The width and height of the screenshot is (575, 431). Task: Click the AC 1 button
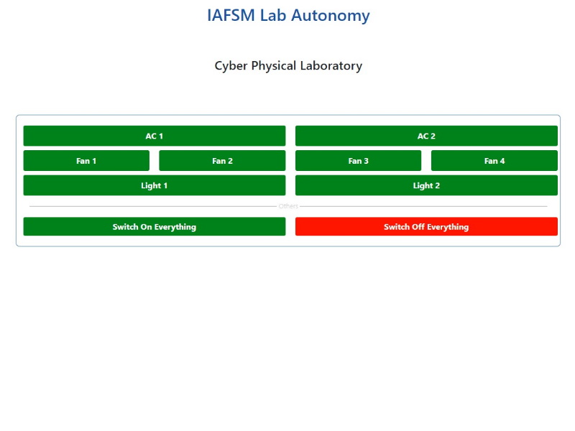155,136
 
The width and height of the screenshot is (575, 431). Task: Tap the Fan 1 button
86,160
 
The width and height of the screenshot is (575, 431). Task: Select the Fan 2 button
222,160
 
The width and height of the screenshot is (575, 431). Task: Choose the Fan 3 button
358,160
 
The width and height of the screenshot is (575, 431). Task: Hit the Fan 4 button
494,160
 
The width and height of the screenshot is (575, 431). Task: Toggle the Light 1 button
155,185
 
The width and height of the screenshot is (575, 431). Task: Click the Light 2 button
426,185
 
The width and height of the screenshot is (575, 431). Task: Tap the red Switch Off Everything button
426,226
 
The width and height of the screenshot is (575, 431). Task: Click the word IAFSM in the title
231,15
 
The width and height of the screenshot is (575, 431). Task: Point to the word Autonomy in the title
331,16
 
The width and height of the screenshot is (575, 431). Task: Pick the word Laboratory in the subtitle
331,66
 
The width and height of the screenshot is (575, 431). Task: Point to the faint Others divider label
288,206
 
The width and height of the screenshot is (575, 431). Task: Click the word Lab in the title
273,15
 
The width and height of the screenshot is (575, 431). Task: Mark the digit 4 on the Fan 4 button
502,161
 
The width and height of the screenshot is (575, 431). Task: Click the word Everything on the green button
175,227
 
